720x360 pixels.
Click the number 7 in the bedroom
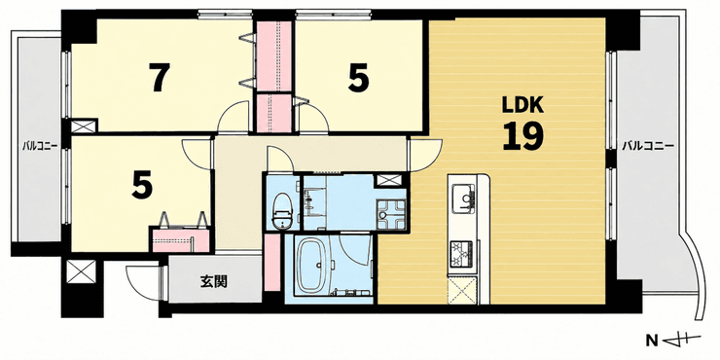click(159, 77)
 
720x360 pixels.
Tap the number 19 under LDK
click(522, 136)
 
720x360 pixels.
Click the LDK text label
click(522, 106)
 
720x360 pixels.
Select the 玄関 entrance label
click(214, 281)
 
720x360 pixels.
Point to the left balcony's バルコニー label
click(40, 147)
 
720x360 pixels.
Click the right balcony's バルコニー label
click(648, 147)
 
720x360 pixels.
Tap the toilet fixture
click(282, 210)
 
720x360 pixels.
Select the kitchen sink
click(464, 198)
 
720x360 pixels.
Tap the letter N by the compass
click(651, 341)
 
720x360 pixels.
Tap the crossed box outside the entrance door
click(82, 271)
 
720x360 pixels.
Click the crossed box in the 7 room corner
click(84, 126)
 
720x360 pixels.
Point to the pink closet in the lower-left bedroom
click(180, 240)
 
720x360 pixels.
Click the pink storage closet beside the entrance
click(272, 263)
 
